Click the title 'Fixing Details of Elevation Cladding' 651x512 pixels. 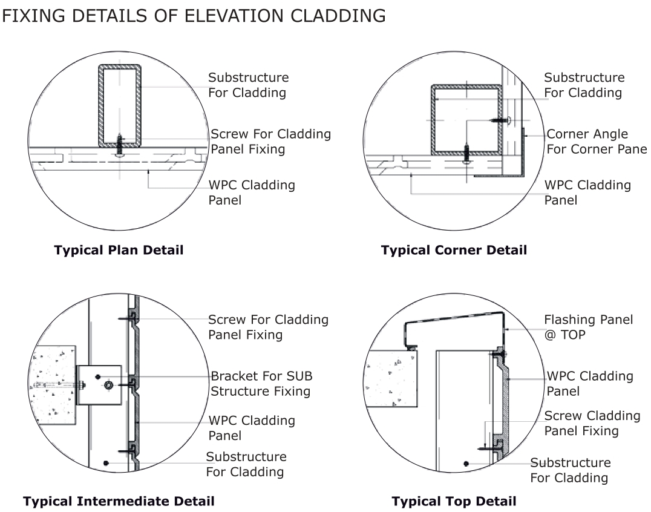pos(194,16)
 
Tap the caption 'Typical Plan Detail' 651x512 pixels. pos(119,250)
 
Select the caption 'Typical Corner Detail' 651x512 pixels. pos(454,250)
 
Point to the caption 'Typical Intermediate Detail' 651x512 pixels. pos(119,501)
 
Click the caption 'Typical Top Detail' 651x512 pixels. pos(454,501)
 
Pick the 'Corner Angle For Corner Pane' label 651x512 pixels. pos(596,142)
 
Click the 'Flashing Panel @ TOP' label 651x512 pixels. pos(588,326)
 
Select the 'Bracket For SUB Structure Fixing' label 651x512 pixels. pos(261,384)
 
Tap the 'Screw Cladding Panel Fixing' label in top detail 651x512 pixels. pos(592,423)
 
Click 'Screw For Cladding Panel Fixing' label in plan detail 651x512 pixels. pos(270,141)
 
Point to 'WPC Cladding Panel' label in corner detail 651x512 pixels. pos(587,192)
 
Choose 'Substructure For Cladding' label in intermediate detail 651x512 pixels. pos(246,464)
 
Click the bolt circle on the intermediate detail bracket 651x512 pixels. pos(108,385)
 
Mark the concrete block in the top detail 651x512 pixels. pos(391,387)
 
